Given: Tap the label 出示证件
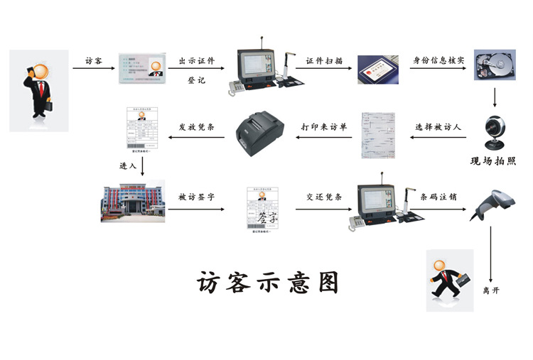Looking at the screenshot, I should pos(196,60).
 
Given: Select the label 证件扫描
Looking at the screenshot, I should pos(324,60).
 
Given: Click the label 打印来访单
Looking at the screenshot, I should pos(324,128).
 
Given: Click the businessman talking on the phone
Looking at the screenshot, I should pos(39,89).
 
